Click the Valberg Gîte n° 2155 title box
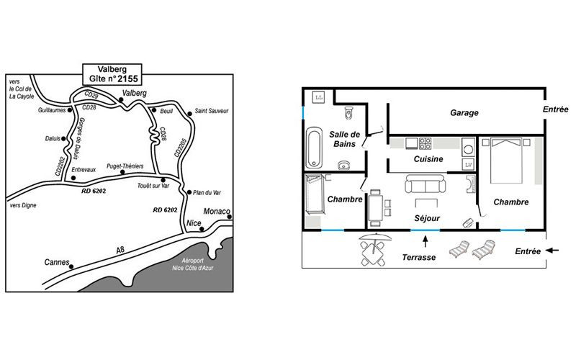tap(112, 74)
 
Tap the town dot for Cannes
tap(71, 266)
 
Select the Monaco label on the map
tap(217, 211)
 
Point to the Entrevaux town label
tap(84, 170)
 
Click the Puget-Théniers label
tap(125, 166)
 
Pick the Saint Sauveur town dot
tap(189, 114)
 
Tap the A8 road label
tap(120, 250)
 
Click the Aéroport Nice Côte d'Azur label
tap(193, 264)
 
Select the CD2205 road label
tap(181, 148)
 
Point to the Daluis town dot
tap(63, 139)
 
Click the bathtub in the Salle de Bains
tap(315, 148)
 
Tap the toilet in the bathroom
tap(348, 113)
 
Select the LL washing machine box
tap(318, 97)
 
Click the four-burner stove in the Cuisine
tap(425, 143)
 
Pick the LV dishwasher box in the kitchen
tap(469, 165)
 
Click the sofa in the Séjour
tap(426, 184)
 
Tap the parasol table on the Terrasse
tap(374, 249)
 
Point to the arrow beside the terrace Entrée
tap(552, 251)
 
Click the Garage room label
tap(464, 113)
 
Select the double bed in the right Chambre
tap(506, 161)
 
